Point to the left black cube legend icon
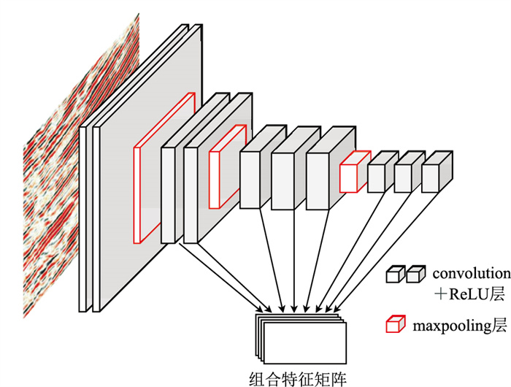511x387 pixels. click(x=395, y=275)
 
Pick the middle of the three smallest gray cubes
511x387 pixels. click(x=404, y=177)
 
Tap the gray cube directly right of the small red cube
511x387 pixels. click(x=377, y=177)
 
